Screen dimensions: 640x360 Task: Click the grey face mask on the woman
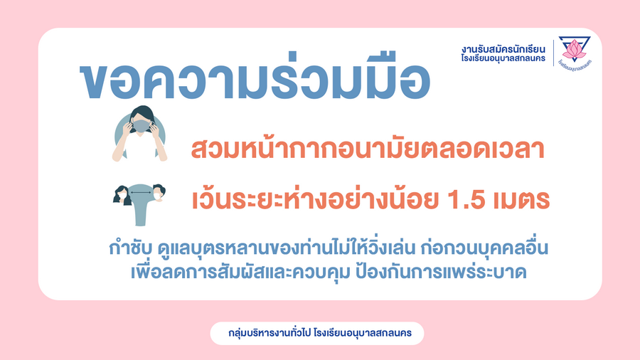click(x=142, y=126)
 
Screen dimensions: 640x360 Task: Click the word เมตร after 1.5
click(x=521, y=200)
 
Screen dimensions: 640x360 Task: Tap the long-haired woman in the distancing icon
click(x=122, y=196)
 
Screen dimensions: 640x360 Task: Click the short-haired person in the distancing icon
click(x=159, y=193)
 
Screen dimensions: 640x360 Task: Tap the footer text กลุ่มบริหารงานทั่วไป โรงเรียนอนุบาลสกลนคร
click(x=319, y=333)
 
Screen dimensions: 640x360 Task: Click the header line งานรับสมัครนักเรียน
click(x=503, y=49)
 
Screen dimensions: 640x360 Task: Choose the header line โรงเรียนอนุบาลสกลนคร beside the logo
click(x=503, y=58)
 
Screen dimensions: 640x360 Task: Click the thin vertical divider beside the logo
click(x=553, y=53)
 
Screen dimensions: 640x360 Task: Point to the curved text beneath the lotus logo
click(x=575, y=64)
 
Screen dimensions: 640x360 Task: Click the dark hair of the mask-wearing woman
click(x=142, y=112)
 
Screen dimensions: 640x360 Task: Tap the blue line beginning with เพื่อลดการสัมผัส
click(x=329, y=272)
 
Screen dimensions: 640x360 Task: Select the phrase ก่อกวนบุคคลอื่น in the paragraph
click(x=484, y=248)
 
